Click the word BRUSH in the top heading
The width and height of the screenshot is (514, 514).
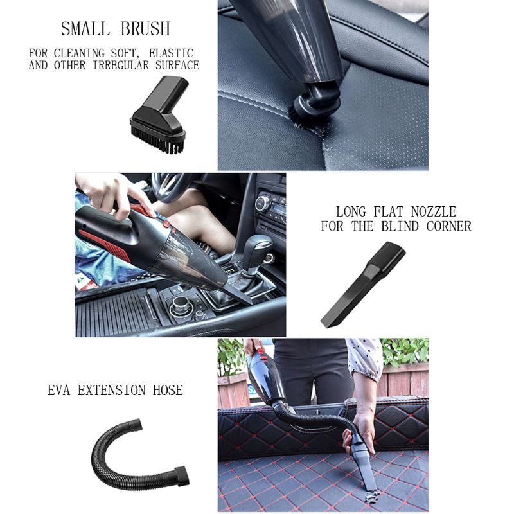145,29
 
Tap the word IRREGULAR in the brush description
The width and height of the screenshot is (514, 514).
121,66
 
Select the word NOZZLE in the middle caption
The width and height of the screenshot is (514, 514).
433,212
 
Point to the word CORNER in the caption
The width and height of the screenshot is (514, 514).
448,226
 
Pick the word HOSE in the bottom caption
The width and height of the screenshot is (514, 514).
168,390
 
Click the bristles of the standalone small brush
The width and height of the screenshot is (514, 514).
157,141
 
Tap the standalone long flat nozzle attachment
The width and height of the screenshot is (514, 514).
363,285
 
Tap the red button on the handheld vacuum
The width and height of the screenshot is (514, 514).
166,224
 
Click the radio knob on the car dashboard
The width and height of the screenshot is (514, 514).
262,204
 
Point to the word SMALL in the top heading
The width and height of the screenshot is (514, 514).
85,29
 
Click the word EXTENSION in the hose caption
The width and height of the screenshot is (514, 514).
111,390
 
